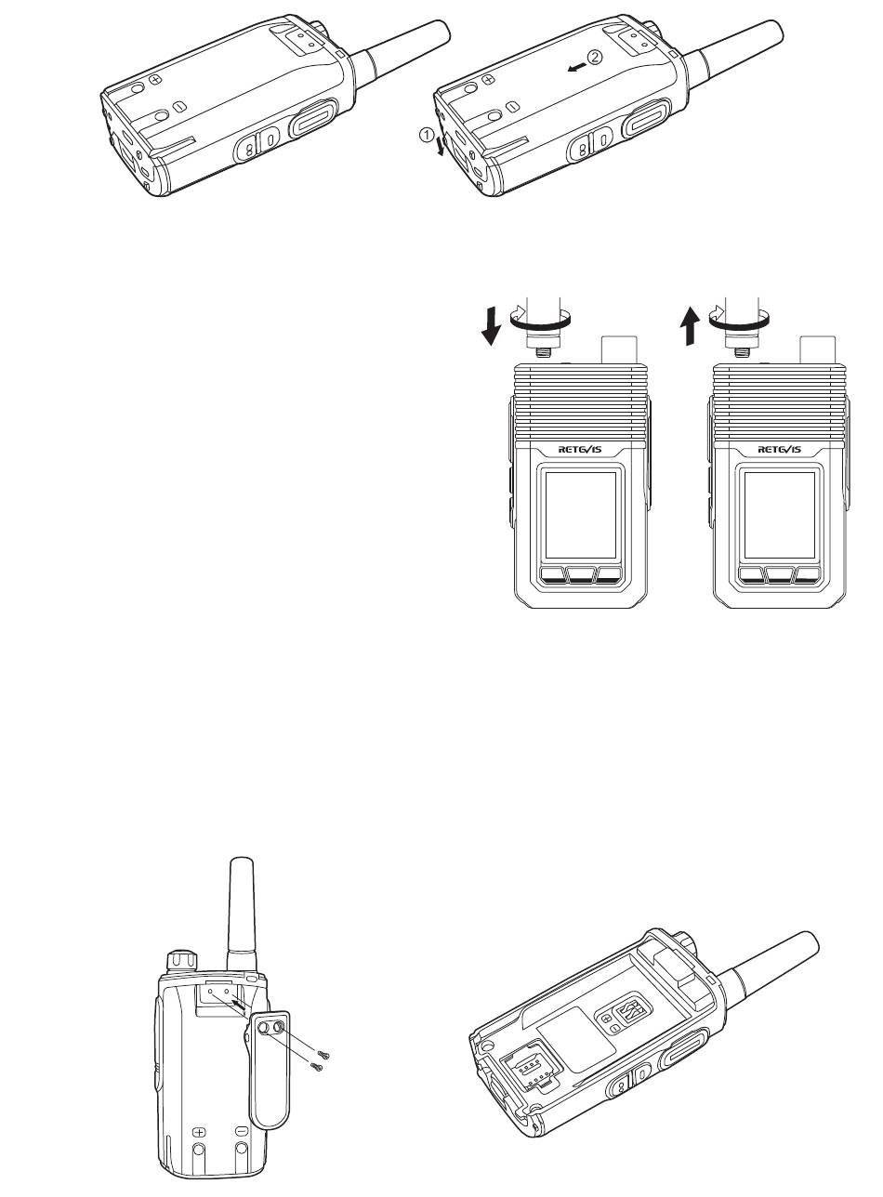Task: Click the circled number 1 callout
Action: pos(427,136)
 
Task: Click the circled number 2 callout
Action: pos(596,56)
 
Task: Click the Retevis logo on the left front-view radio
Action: pos(580,450)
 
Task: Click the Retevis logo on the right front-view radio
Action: pos(780,450)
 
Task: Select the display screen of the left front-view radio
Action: pos(581,515)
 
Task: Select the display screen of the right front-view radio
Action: pos(780,515)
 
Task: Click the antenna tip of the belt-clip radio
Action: pos(241,860)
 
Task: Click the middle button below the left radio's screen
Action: pos(581,575)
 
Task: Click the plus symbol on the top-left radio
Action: pos(155,80)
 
